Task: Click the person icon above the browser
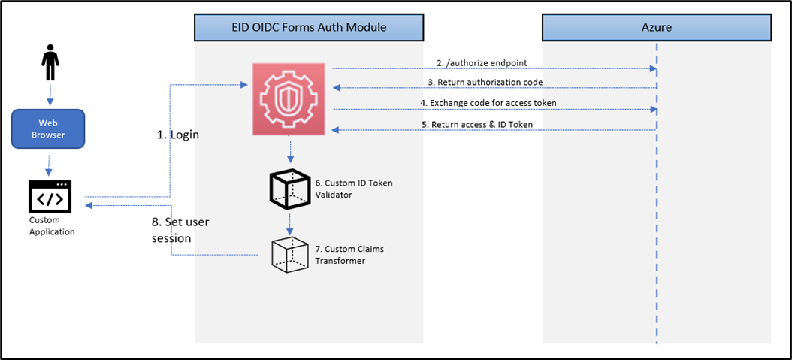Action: pos(50,63)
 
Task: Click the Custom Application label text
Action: pos(52,226)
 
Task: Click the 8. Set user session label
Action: pos(180,230)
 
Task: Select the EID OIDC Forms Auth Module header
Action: pos(309,28)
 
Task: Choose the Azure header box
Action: pos(656,28)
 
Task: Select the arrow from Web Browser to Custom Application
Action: pos(50,162)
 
